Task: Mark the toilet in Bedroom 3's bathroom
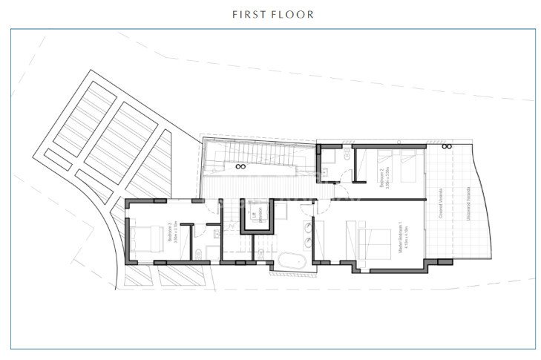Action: [x=199, y=255]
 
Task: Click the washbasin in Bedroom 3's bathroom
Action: [x=214, y=233]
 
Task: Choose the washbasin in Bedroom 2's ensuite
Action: [x=332, y=158]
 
